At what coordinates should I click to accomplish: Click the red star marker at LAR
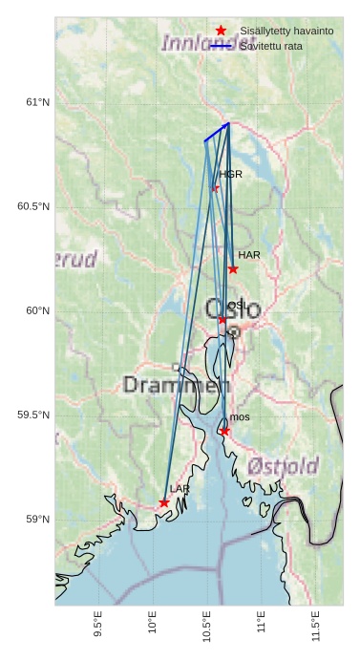164,502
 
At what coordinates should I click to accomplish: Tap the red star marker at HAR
233,269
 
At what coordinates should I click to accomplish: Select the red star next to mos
224,432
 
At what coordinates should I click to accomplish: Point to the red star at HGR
215,188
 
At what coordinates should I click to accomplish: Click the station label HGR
230,175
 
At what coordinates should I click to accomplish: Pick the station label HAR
249,255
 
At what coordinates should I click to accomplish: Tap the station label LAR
180,489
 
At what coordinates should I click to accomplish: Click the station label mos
240,417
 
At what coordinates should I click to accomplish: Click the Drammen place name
177,386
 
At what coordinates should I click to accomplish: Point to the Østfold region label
283,466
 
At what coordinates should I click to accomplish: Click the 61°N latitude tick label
37,102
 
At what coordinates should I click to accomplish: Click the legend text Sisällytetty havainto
286,32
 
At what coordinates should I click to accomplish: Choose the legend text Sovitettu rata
271,46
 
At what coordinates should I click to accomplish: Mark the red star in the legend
222,32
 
